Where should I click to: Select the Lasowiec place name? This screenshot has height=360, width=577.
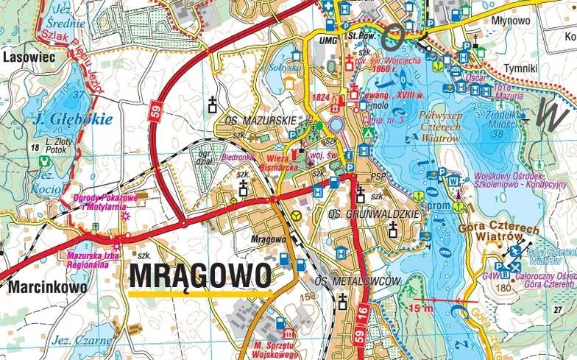30,55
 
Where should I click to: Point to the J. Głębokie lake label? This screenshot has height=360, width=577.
68,119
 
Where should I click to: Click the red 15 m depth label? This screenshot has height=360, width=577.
422,308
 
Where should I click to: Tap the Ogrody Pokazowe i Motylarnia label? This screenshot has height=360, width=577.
99,202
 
